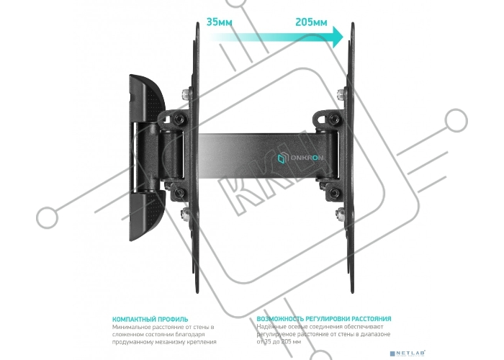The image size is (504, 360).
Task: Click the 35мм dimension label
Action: coord(219,22)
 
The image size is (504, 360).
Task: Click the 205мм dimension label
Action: coord(311,22)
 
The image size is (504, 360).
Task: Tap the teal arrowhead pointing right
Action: coord(338,37)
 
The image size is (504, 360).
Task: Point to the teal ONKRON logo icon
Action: coord(282,158)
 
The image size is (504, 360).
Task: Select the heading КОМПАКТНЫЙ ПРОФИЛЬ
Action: coord(150,320)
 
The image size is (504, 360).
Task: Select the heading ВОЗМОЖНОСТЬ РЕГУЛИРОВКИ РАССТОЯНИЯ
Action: coord(324,319)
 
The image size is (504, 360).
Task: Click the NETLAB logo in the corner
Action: coord(408,354)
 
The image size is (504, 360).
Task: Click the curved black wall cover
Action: coord(146,158)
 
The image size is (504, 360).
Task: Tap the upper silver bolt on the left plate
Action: coord(186,94)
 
